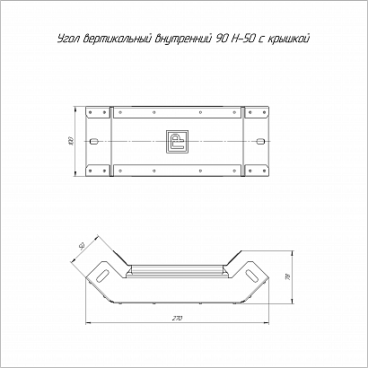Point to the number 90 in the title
coord(222,39)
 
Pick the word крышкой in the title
coord(289,39)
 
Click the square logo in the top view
coord(177,141)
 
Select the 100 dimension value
coord(71,141)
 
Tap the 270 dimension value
coord(177,319)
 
